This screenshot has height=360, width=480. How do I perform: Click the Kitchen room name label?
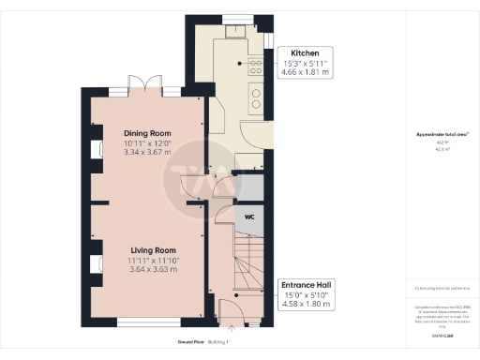click(308, 52)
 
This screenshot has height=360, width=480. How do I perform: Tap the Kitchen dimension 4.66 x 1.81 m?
click(308, 70)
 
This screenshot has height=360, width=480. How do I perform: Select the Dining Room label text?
click(150, 132)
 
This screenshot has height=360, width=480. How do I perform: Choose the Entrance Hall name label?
click(306, 283)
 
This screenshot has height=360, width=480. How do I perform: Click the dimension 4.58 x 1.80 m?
click(306, 303)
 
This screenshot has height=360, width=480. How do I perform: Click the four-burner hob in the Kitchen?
click(254, 65)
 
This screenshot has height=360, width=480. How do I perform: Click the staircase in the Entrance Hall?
click(251, 262)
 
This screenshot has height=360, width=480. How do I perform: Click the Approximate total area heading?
click(442, 134)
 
